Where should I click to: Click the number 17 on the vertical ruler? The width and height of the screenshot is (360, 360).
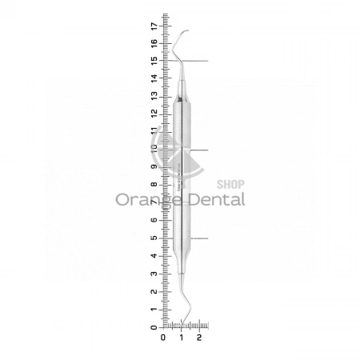154,26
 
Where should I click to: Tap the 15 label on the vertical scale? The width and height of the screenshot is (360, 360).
154,61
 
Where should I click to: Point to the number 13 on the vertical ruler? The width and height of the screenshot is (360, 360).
154,96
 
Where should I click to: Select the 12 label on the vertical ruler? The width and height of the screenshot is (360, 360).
154,114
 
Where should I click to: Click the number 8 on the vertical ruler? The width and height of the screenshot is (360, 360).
154,185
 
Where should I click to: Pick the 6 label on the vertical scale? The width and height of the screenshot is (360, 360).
154,220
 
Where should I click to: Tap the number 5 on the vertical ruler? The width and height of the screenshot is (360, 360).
154,238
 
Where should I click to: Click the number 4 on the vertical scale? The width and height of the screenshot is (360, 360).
154,256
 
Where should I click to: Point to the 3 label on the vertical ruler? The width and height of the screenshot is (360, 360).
154,274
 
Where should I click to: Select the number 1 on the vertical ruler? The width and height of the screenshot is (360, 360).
154,310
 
